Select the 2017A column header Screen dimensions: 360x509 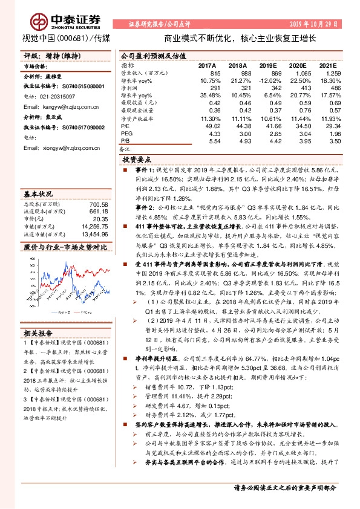(x=208, y=65)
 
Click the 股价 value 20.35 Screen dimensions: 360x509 (x=100, y=219)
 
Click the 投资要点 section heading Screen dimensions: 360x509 (x=137, y=160)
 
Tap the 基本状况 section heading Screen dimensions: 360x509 (x=38, y=195)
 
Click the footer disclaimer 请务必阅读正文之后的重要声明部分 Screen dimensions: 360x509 (x=284, y=487)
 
